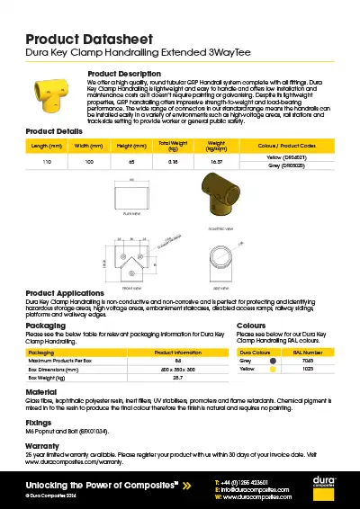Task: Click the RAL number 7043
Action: [309, 361]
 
